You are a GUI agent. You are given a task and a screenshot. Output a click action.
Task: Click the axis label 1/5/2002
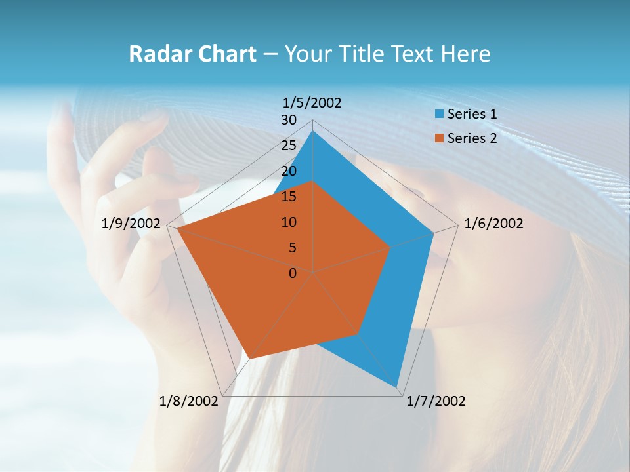click(x=312, y=103)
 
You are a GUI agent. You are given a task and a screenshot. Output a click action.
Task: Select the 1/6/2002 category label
click(x=493, y=224)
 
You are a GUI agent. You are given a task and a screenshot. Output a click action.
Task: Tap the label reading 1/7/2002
click(x=436, y=401)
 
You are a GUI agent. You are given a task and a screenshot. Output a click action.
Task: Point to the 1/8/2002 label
click(x=188, y=401)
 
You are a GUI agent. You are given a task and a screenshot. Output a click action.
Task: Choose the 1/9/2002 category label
click(x=131, y=224)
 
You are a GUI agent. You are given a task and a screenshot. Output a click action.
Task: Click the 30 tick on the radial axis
click(x=289, y=120)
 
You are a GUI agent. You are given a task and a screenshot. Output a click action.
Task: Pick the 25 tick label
click(x=289, y=146)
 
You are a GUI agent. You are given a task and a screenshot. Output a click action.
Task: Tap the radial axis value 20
click(x=289, y=171)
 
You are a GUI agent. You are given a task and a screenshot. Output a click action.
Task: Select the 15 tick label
click(x=289, y=197)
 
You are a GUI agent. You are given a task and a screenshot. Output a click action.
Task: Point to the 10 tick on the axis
click(x=289, y=222)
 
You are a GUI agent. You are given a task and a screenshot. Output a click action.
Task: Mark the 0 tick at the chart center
click(x=293, y=273)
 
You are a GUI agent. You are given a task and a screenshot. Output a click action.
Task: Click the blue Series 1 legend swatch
click(x=439, y=114)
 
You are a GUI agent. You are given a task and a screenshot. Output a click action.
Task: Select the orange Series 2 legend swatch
click(x=439, y=138)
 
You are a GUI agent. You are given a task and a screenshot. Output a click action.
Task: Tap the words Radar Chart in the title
click(x=192, y=54)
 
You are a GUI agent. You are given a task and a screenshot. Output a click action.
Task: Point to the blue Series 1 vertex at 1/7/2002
click(x=396, y=387)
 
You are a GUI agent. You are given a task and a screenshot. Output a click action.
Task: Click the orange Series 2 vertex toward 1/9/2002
click(x=177, y=229)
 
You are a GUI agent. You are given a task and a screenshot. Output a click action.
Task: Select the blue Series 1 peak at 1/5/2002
click(x=313, y=131)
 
